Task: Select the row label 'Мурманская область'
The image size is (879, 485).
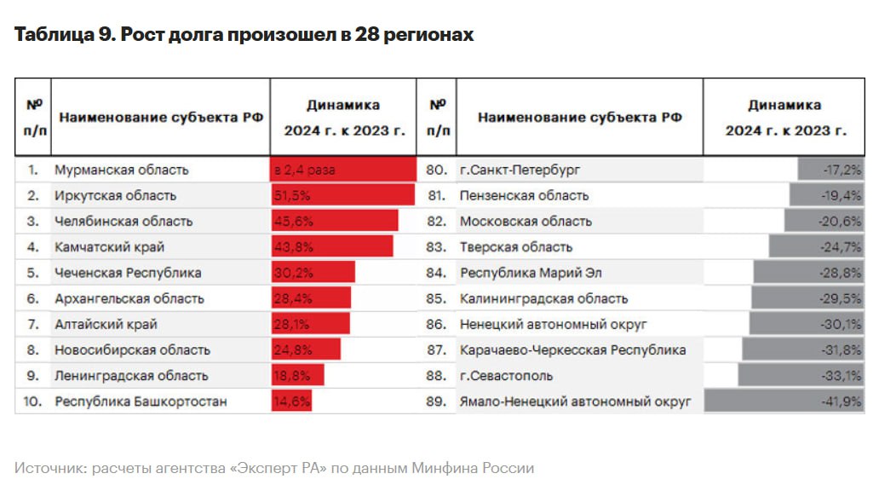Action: click(121, 170)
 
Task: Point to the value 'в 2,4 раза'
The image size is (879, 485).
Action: click(304, 170)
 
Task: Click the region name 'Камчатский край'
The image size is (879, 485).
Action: click(109, 247)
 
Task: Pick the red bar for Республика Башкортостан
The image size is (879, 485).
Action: click(291, 401)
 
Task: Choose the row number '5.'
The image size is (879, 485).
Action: click(33, 273)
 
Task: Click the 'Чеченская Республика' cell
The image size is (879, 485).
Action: click(128, 273)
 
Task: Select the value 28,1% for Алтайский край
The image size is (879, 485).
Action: click(292, 325)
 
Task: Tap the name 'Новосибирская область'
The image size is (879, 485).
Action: click(132, 350)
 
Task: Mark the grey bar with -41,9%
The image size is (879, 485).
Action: click(783, 401)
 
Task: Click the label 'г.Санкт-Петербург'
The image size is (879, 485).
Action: click(519, 170)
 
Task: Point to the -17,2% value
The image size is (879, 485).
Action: click(842, 170)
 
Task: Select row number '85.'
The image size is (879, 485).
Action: click(436, 298)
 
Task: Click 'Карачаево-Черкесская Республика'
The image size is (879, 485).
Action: click(572, 350)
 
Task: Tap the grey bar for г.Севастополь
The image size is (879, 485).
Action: click(800, 376)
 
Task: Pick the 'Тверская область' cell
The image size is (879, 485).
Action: click(516, 247)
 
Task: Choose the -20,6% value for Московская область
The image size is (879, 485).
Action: click(842, 221)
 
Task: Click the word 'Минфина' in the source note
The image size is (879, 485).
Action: click(446, 468)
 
